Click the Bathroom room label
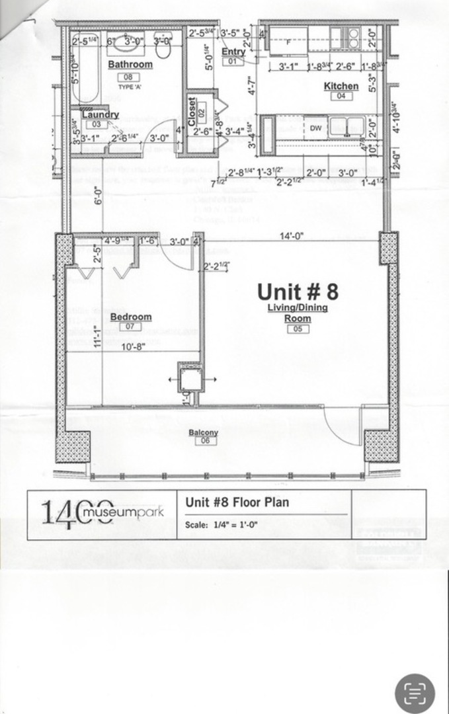point(130,65)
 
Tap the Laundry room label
point(101,114)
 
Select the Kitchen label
point(341,86)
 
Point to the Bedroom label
point(131,317)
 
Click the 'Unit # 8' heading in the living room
point(298,292)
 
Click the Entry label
point(233,52)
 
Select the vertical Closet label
point(192,110)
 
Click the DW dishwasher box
point(316,128)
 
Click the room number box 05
point(298,329)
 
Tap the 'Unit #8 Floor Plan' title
point(237,502)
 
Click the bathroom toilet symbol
point(163,50)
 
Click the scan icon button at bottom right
point(415,694)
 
